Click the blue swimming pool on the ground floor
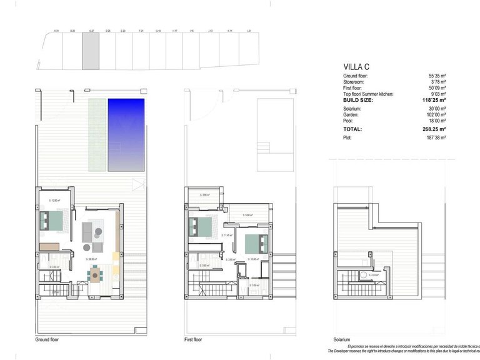click(126, 134)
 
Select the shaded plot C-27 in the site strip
click(91, 51)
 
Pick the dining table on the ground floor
click(95, 272)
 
